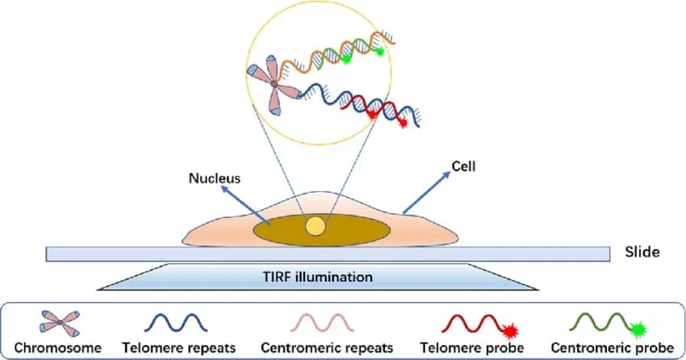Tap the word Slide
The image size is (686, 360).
[x=642, y=252]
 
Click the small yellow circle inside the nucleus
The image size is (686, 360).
[x=314, y=227]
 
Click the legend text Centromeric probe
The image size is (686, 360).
[x=619, y=349]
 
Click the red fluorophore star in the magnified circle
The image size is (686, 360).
[x=373, y=115]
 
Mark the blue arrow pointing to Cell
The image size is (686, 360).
[x=425, y=192]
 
